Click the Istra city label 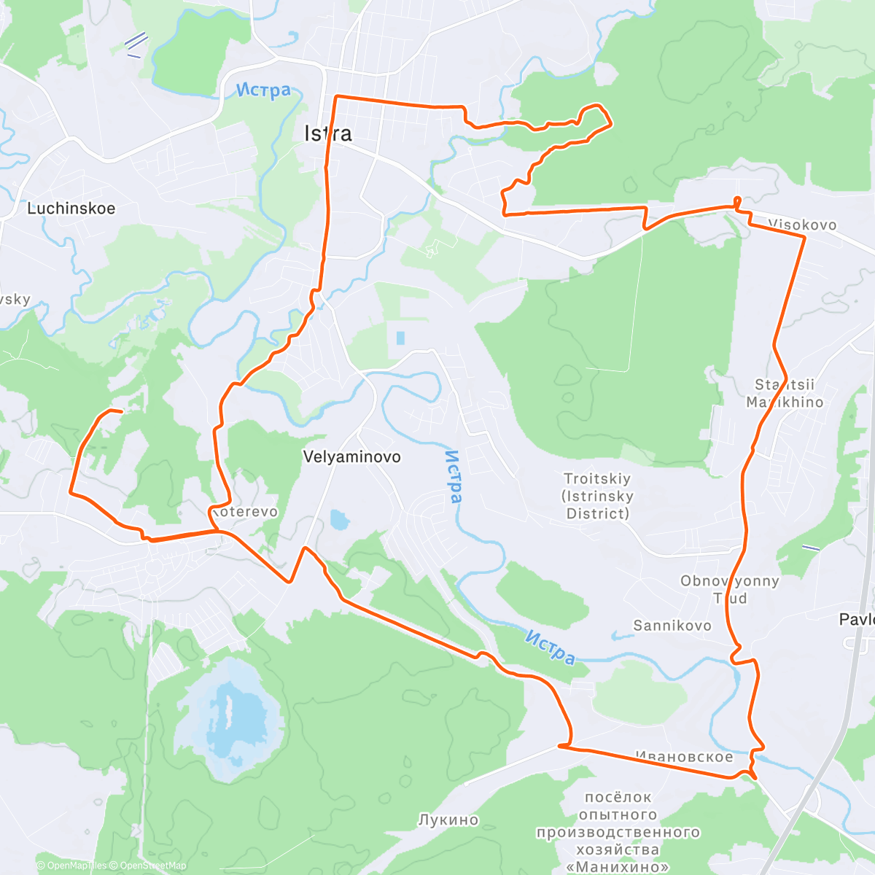click(x=328, y=133)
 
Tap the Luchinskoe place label click(x=71, y=209)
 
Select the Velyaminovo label click(x=351, y=457)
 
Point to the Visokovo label click(x=802, y=225)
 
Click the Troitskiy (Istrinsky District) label click(x=597, y=497)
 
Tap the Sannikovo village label click(x=672, y=626)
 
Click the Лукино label click(x=448, y=820)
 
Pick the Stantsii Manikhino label click(x=785, y=394)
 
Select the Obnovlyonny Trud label click(x=729, y=590)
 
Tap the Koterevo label click(x=246, y=512)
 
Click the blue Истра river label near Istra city click(x=263, y=90)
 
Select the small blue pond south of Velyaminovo click(x=338, y=520)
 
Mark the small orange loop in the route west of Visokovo click(x=737, y=201)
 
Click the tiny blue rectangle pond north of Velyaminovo click(x=400, y=338)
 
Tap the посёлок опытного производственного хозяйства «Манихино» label click(x=618, y=832)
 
